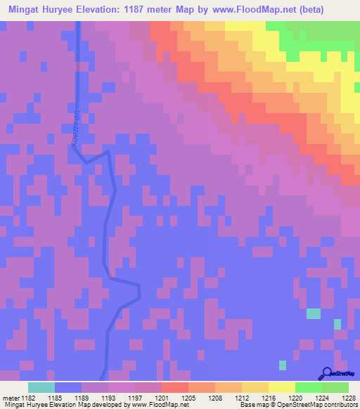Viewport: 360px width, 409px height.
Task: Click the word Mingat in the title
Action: click(27, 10)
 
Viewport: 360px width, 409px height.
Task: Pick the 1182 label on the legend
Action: click(27, 398)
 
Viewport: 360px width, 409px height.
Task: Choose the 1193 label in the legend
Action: click(118, 398)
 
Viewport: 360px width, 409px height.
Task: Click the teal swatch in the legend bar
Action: click(41, 387)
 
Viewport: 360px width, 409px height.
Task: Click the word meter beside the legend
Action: click(11, 398)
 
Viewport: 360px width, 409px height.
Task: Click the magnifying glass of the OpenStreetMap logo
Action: click(326, 373)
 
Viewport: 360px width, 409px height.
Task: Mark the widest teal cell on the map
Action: click(313, 313)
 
